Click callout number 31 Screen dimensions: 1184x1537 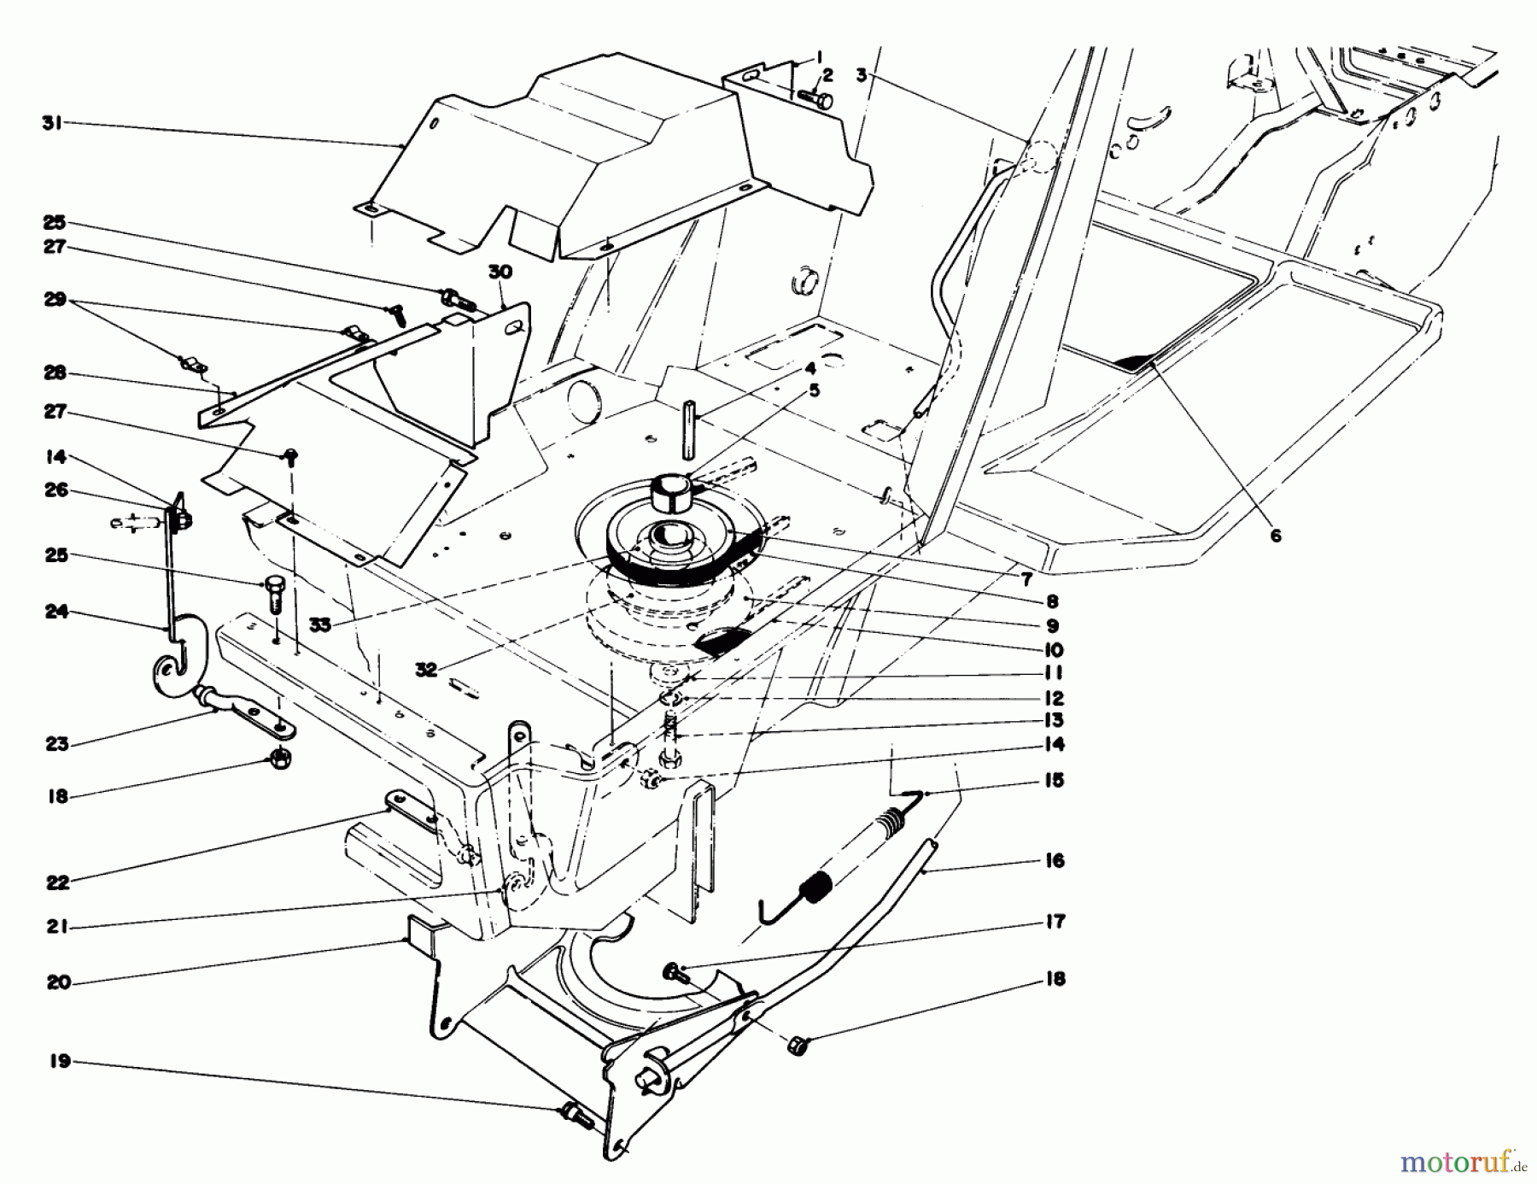click(53, 123)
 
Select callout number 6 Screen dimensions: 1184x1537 click(1276, 536)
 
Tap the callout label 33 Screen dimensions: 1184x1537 click(320, 625)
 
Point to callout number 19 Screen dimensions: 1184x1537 click(59, 1063)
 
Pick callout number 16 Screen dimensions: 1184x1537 click(1055, 860)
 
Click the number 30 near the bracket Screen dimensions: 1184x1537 click(500, 272)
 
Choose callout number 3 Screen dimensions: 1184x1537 click(862, 75)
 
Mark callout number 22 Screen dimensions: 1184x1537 click(57, 883)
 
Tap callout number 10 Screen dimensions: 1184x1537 click(1054, 651)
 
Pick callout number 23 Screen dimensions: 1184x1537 click(57, 744)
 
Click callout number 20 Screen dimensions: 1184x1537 click(58, 982)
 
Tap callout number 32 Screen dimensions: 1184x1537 click(426, 671)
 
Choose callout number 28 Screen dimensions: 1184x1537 click(56, 374)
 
